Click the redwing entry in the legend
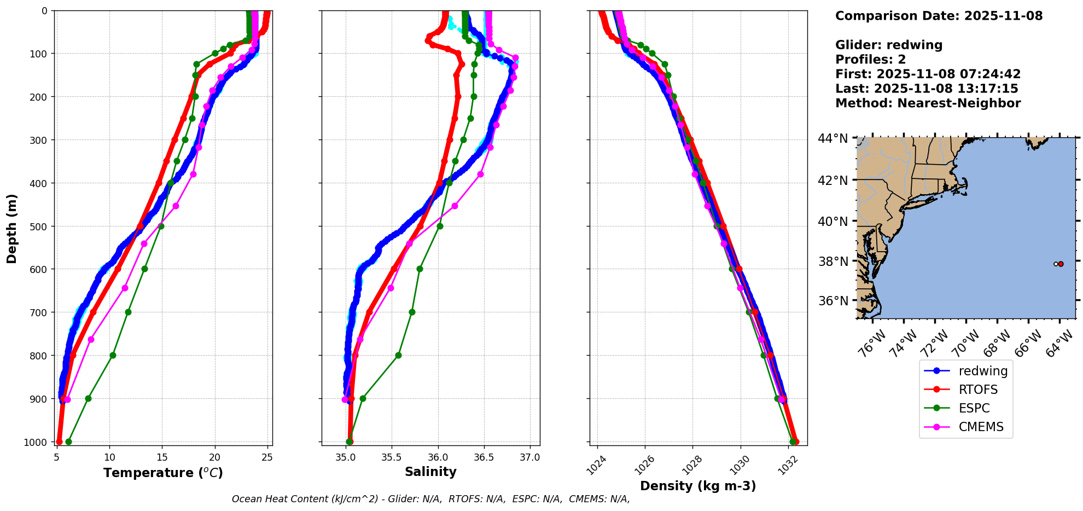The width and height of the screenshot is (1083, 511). click(x=982, y=371)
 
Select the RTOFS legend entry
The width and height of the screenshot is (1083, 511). click(x=978, y=390)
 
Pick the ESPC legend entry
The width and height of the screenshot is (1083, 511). click(x=974, y=408)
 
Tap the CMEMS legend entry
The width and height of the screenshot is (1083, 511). click(x=981, y=427)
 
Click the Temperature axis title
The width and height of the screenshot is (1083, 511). click(x=163, y=473)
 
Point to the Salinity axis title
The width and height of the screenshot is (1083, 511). click(x=430, y=472)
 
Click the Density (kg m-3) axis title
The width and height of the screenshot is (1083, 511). click(x=698, y=486)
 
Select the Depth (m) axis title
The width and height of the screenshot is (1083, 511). click(x=12, y=228)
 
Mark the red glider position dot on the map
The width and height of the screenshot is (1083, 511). click(x=1061, y=264)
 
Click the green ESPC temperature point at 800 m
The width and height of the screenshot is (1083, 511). click(x=113, y=355)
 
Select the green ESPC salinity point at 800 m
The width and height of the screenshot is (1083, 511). click(x=398, y=355)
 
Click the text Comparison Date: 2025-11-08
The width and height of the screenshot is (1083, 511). click(x=939, y=16)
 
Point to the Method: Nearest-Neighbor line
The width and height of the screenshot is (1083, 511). click(x=928, y=103)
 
